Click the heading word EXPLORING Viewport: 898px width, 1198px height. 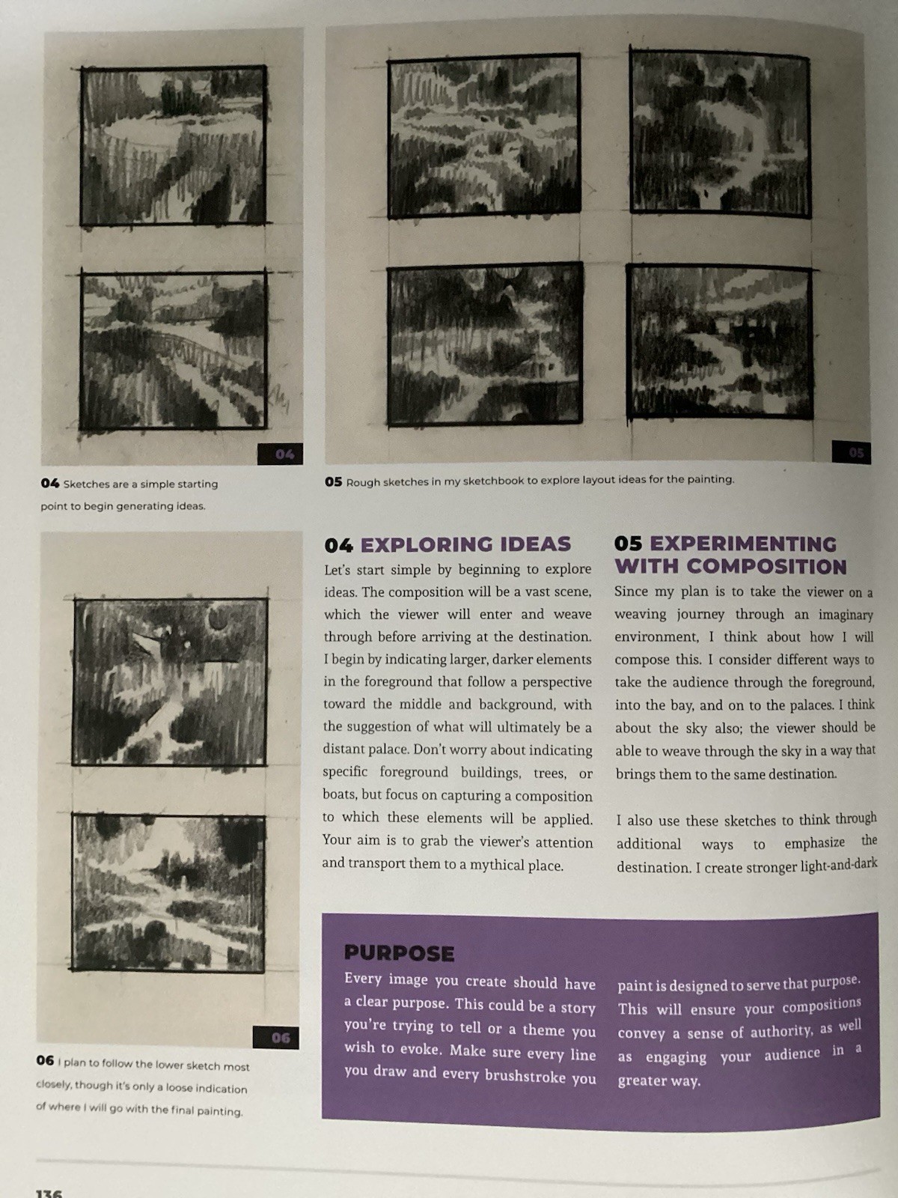point(427,544)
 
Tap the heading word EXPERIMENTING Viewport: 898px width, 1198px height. point(743,544)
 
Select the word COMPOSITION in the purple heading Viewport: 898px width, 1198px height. point(766,567)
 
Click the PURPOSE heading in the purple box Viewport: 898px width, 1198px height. point(399,953)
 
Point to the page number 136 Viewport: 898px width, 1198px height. point(49,1194)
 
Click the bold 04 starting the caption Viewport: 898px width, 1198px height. point(49,484)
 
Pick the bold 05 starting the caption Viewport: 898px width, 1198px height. point(333,482)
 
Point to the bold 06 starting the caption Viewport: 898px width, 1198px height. point(45,1060)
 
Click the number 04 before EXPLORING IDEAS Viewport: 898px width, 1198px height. point(338,545)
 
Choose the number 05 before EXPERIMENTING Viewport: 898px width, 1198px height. point(628,544)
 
